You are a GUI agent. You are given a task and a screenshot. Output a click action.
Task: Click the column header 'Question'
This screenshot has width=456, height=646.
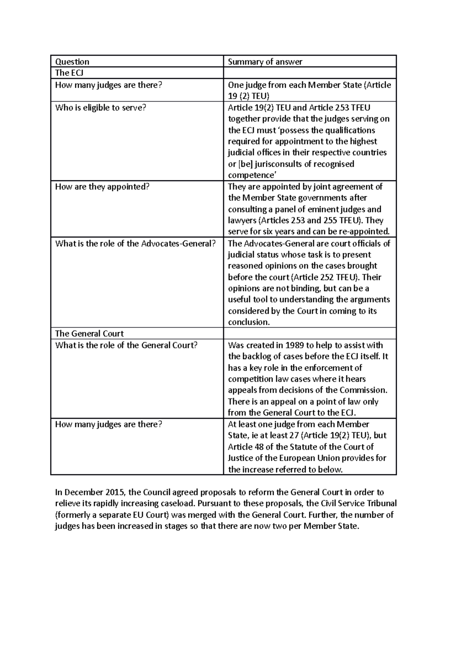pos(72,62)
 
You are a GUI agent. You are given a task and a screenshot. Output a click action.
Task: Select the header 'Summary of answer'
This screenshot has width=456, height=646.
pos(265,62)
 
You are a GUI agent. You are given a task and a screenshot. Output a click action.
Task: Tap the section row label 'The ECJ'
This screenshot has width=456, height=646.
pos(67,73)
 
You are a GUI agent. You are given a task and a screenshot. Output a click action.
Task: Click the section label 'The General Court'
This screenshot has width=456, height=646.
pos(89,334)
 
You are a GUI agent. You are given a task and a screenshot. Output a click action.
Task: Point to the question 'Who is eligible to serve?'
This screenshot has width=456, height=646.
pos(100,108)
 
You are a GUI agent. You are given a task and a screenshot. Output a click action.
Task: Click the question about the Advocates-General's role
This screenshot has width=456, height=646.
pos(136,243)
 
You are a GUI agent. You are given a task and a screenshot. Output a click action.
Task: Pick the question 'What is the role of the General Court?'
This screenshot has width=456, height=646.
pos(126,345)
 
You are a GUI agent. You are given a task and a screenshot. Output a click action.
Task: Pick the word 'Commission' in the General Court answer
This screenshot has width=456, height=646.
pos(363,390)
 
